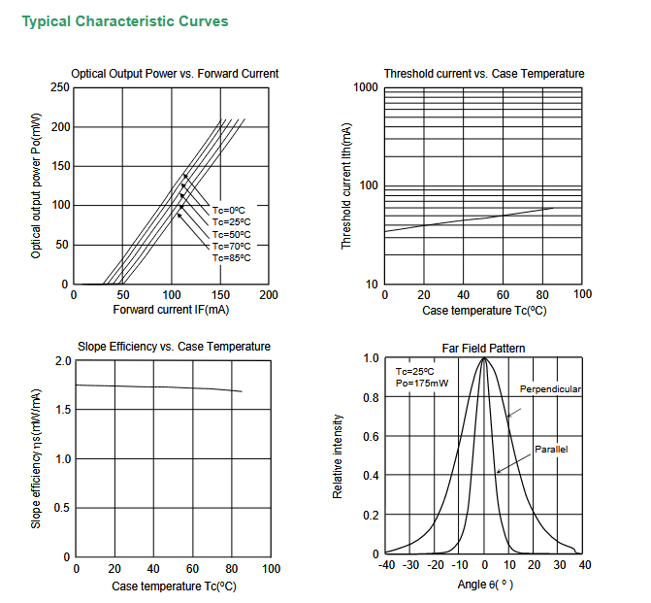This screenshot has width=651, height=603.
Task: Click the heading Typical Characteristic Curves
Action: pyautogui.click(x=125, y=21)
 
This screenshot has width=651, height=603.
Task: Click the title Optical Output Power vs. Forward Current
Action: pyautogui.click(x=175, y=74)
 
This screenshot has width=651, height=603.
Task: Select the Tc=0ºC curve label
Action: pyautogui.click(x=230, y=210)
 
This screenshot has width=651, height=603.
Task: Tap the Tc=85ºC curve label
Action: pyautogui.click(x=232, y=257)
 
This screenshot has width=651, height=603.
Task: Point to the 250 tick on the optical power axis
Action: pyautogui.click(x=59, y=87)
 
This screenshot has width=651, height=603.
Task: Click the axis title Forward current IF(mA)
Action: pyautogui.click(x=171, y=310)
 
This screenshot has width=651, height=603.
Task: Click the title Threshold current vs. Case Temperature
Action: pyautogui.click(x=483, y=74)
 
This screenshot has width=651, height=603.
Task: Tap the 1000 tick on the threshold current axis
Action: pyautogui.click(x=366, y=88)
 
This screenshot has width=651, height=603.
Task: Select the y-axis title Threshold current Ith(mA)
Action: pyautogui.click(x=346, y=185)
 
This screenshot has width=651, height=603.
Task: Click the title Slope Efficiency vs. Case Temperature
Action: pyautogui.click(x=174, y=347)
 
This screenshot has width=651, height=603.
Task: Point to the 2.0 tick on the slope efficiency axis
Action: pyautogui.click(x=63, y=361)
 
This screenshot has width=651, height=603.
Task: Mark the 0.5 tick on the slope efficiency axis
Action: pyautogui.click(x=63, y=508)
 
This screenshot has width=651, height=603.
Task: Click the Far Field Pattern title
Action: pyautogui.click(x=483, y=348)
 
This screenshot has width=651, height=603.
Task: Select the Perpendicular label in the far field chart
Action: pyautogui.click(x=550, y=389)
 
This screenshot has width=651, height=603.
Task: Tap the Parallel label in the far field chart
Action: pyautogui.click(x=550, y=450)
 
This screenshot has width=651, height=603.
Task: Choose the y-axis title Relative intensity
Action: pyautogui.click(x=338, y=456)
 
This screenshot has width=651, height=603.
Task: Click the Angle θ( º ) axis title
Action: pyautogui.click(x=484, y=585)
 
